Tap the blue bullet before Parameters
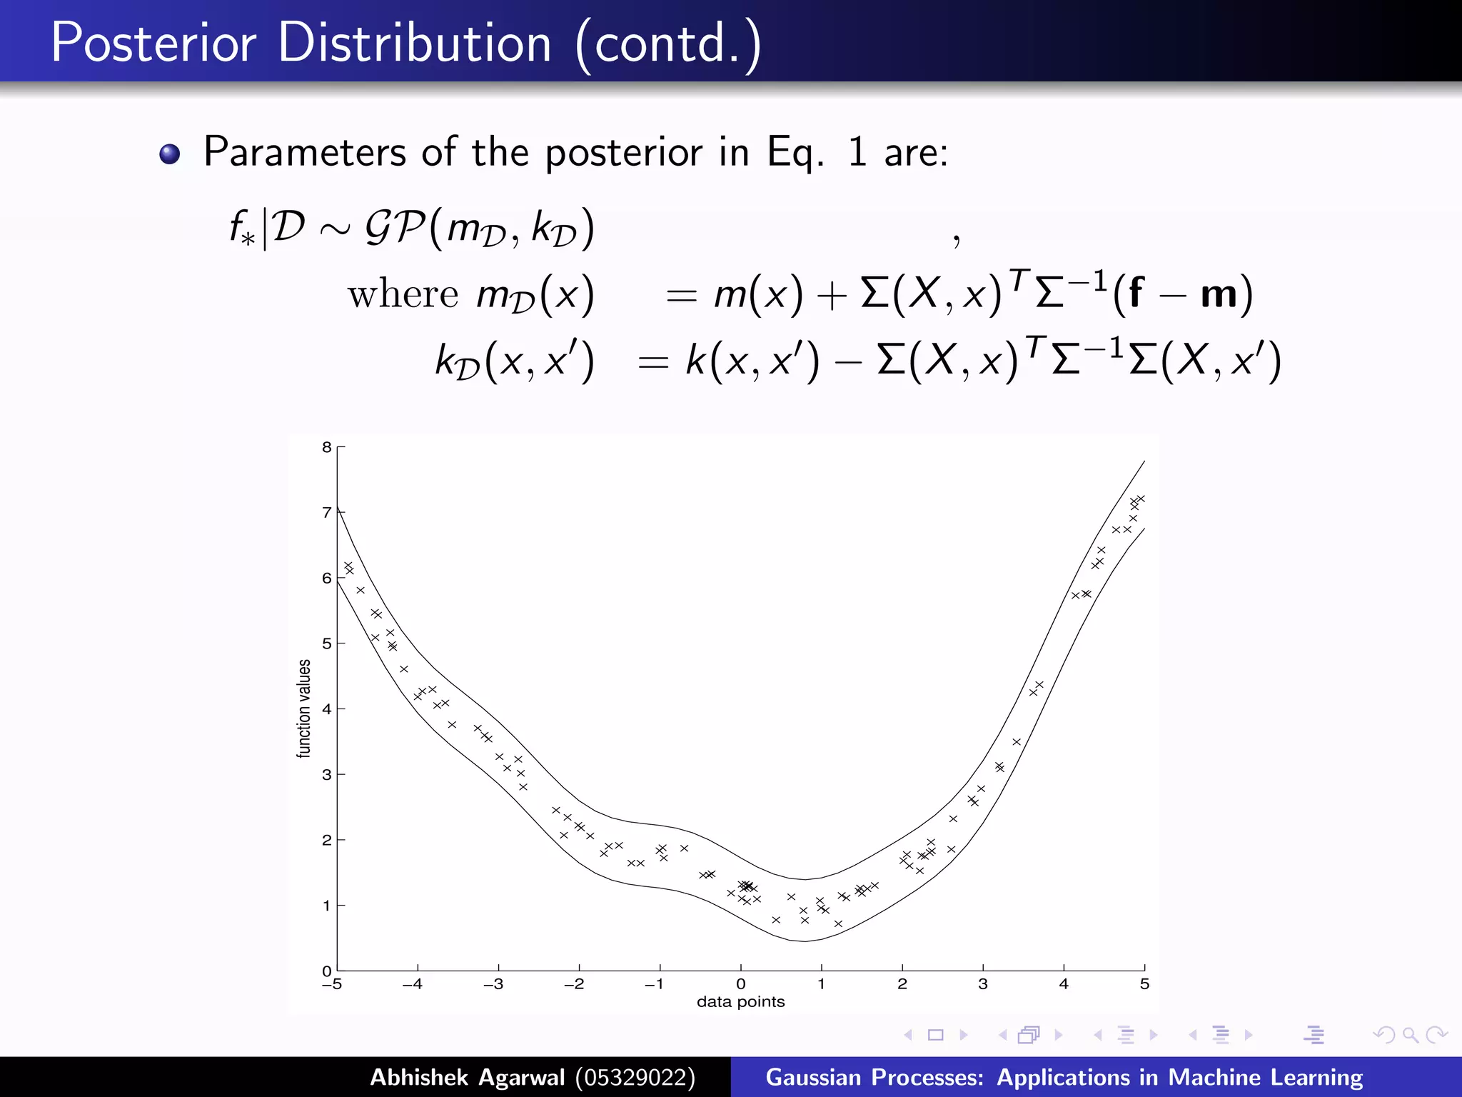pos(170,154)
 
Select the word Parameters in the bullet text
pos(305,152)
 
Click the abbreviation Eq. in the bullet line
pos(795,152)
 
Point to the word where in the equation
pos(403,294)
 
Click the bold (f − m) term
pos(1182,293)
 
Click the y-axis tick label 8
pos(326,447)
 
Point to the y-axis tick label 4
pos(326,709)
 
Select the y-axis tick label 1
pos(326,906)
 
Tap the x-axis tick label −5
pos(332,984)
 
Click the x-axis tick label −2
pos(574,984)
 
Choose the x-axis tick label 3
pos(983,984)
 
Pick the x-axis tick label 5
pos(1144,984)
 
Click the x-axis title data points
pos(740,1002)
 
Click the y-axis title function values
pos(304,708)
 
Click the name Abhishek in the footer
pos(419,1077)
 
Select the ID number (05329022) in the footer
pos(635,1077)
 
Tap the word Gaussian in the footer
pos(813,1077)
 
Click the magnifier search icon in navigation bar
pos(1410,1034)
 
